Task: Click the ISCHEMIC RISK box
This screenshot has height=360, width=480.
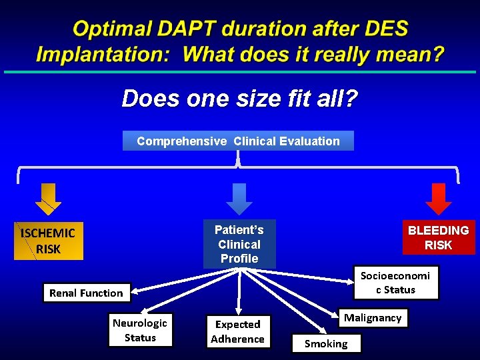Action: (48, 241)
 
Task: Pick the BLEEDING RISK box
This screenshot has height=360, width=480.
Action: (439, 237)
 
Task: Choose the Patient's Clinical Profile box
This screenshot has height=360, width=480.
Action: (239, 244)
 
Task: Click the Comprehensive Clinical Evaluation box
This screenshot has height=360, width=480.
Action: (238, 141)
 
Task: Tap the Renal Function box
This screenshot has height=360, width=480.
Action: (87, 293)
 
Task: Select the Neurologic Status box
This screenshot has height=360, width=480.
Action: (140, 330)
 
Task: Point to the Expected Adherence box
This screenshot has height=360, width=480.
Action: (237, 331)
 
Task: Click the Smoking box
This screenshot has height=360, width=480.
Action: (326, 343)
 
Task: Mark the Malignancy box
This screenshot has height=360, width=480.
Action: (373, 318)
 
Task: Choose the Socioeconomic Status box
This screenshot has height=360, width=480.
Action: (395, 283)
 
